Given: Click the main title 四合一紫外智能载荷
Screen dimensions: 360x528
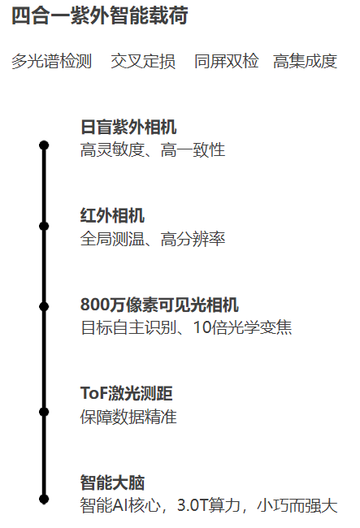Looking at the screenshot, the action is (x=100, y=15).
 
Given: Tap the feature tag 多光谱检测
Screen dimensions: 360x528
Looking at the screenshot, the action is (x=51, y=61).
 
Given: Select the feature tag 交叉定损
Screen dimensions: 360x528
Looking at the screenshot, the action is (x=143, y=61).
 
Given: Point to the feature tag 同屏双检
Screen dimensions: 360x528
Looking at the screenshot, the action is (x=226, y=61).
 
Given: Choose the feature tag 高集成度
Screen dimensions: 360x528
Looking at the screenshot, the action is (x=305, y=61).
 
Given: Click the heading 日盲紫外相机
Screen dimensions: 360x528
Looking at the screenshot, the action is (x=128, y=127).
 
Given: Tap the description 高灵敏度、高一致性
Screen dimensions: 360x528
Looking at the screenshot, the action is (x=153, y=149).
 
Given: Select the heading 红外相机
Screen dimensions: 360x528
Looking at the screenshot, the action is (x=112, y=215).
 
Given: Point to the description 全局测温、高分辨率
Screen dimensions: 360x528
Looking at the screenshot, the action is (x=153, y=239).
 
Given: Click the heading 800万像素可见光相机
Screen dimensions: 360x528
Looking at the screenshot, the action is (x=159, y=305).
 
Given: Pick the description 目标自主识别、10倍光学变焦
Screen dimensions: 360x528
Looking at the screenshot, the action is (x=186, y=327).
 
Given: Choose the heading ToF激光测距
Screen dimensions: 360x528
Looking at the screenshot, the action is (x=127, y=393).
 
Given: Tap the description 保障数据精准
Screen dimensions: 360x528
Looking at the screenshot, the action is (x=128, y=417).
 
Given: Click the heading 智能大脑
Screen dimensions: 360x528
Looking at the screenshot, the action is (x=112, y=483).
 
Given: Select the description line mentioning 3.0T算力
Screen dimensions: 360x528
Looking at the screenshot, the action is (x=209, y=505).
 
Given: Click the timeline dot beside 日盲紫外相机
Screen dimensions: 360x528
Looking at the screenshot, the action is (x=44, y=145).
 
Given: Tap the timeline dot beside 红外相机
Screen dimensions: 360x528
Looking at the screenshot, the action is (x=44, y=226).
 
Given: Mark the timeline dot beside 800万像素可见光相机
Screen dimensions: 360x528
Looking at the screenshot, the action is (x=44, y=307).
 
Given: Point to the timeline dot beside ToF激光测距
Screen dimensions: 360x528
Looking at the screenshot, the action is (x=44, y=412).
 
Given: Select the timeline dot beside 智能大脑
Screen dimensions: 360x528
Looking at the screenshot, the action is (x=44, y=499).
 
